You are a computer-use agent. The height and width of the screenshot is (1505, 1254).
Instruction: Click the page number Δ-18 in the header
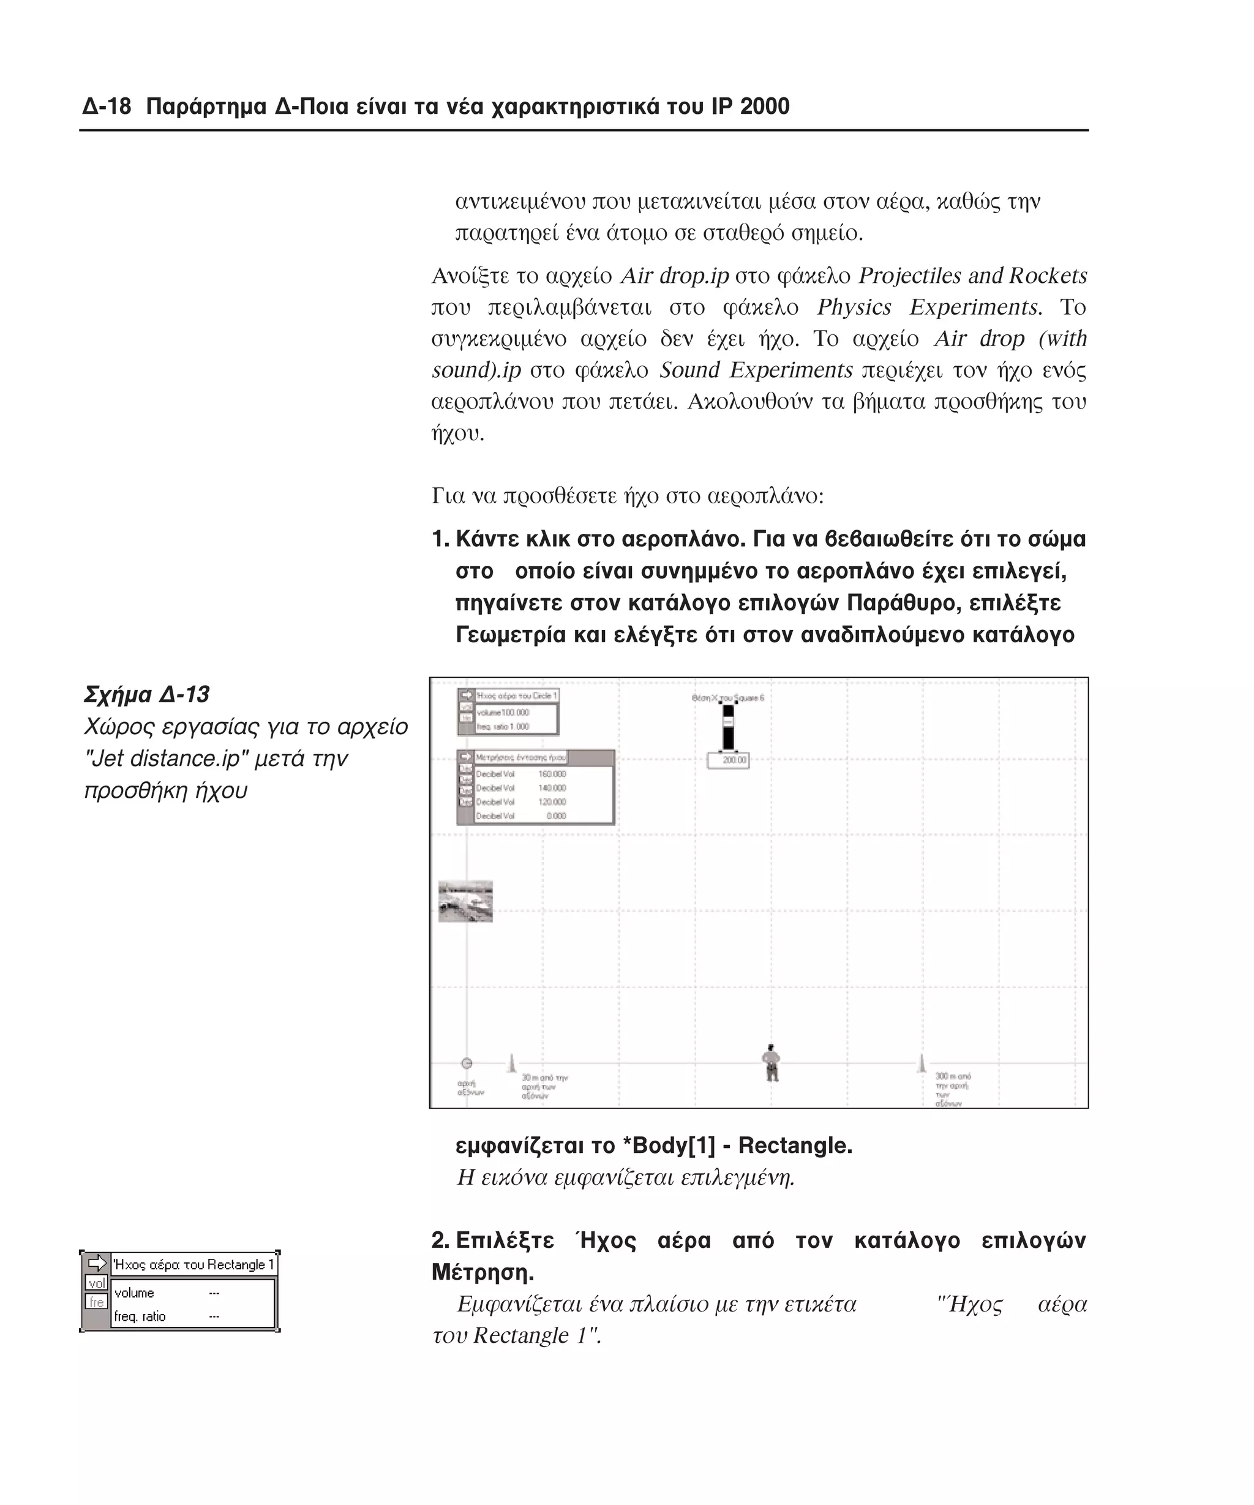107,107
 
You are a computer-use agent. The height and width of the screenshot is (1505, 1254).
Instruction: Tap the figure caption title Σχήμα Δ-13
147,694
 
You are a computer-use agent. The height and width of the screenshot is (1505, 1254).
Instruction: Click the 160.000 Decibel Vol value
552,774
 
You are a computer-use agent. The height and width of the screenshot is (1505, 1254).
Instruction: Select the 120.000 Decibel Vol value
552,802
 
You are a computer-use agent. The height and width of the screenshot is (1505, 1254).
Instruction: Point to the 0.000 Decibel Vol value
556,816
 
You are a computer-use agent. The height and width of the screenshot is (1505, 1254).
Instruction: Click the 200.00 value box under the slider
728,760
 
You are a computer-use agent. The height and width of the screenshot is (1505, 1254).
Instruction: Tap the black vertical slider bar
728,728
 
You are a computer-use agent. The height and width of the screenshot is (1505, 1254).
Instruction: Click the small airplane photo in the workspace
465,901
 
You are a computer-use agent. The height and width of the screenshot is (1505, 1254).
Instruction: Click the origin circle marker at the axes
467,1062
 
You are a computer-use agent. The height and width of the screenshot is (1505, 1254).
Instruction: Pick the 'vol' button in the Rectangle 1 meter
96,1283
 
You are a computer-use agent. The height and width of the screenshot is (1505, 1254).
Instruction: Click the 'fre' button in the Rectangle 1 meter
96,1302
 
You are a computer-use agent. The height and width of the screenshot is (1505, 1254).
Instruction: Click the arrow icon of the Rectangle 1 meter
96,1264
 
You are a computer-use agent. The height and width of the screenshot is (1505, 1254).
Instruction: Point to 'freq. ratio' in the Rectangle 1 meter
140,1316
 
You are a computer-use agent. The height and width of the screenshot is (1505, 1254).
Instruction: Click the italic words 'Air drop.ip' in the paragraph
674,276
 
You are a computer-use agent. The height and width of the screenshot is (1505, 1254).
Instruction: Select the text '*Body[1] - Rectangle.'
737,1145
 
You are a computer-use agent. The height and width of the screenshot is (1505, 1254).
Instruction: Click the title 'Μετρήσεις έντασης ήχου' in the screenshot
520,757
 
